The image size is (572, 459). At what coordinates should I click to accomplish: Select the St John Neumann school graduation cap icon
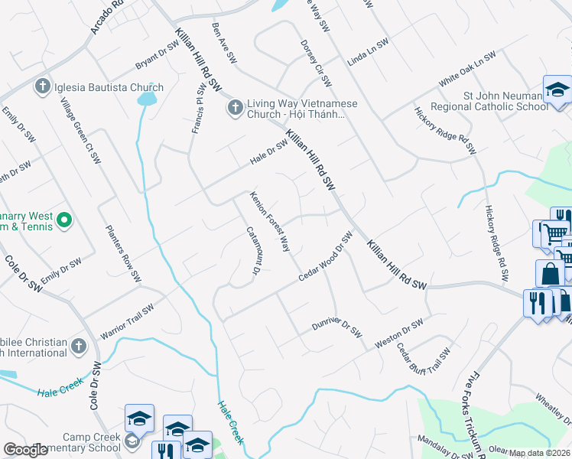click(557, 90)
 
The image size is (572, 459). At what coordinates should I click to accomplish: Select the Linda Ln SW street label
click(368, 52)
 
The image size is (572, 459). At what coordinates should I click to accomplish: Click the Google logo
click(25, 450)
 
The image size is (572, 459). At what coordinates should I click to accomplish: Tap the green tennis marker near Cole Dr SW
click(64, 222)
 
